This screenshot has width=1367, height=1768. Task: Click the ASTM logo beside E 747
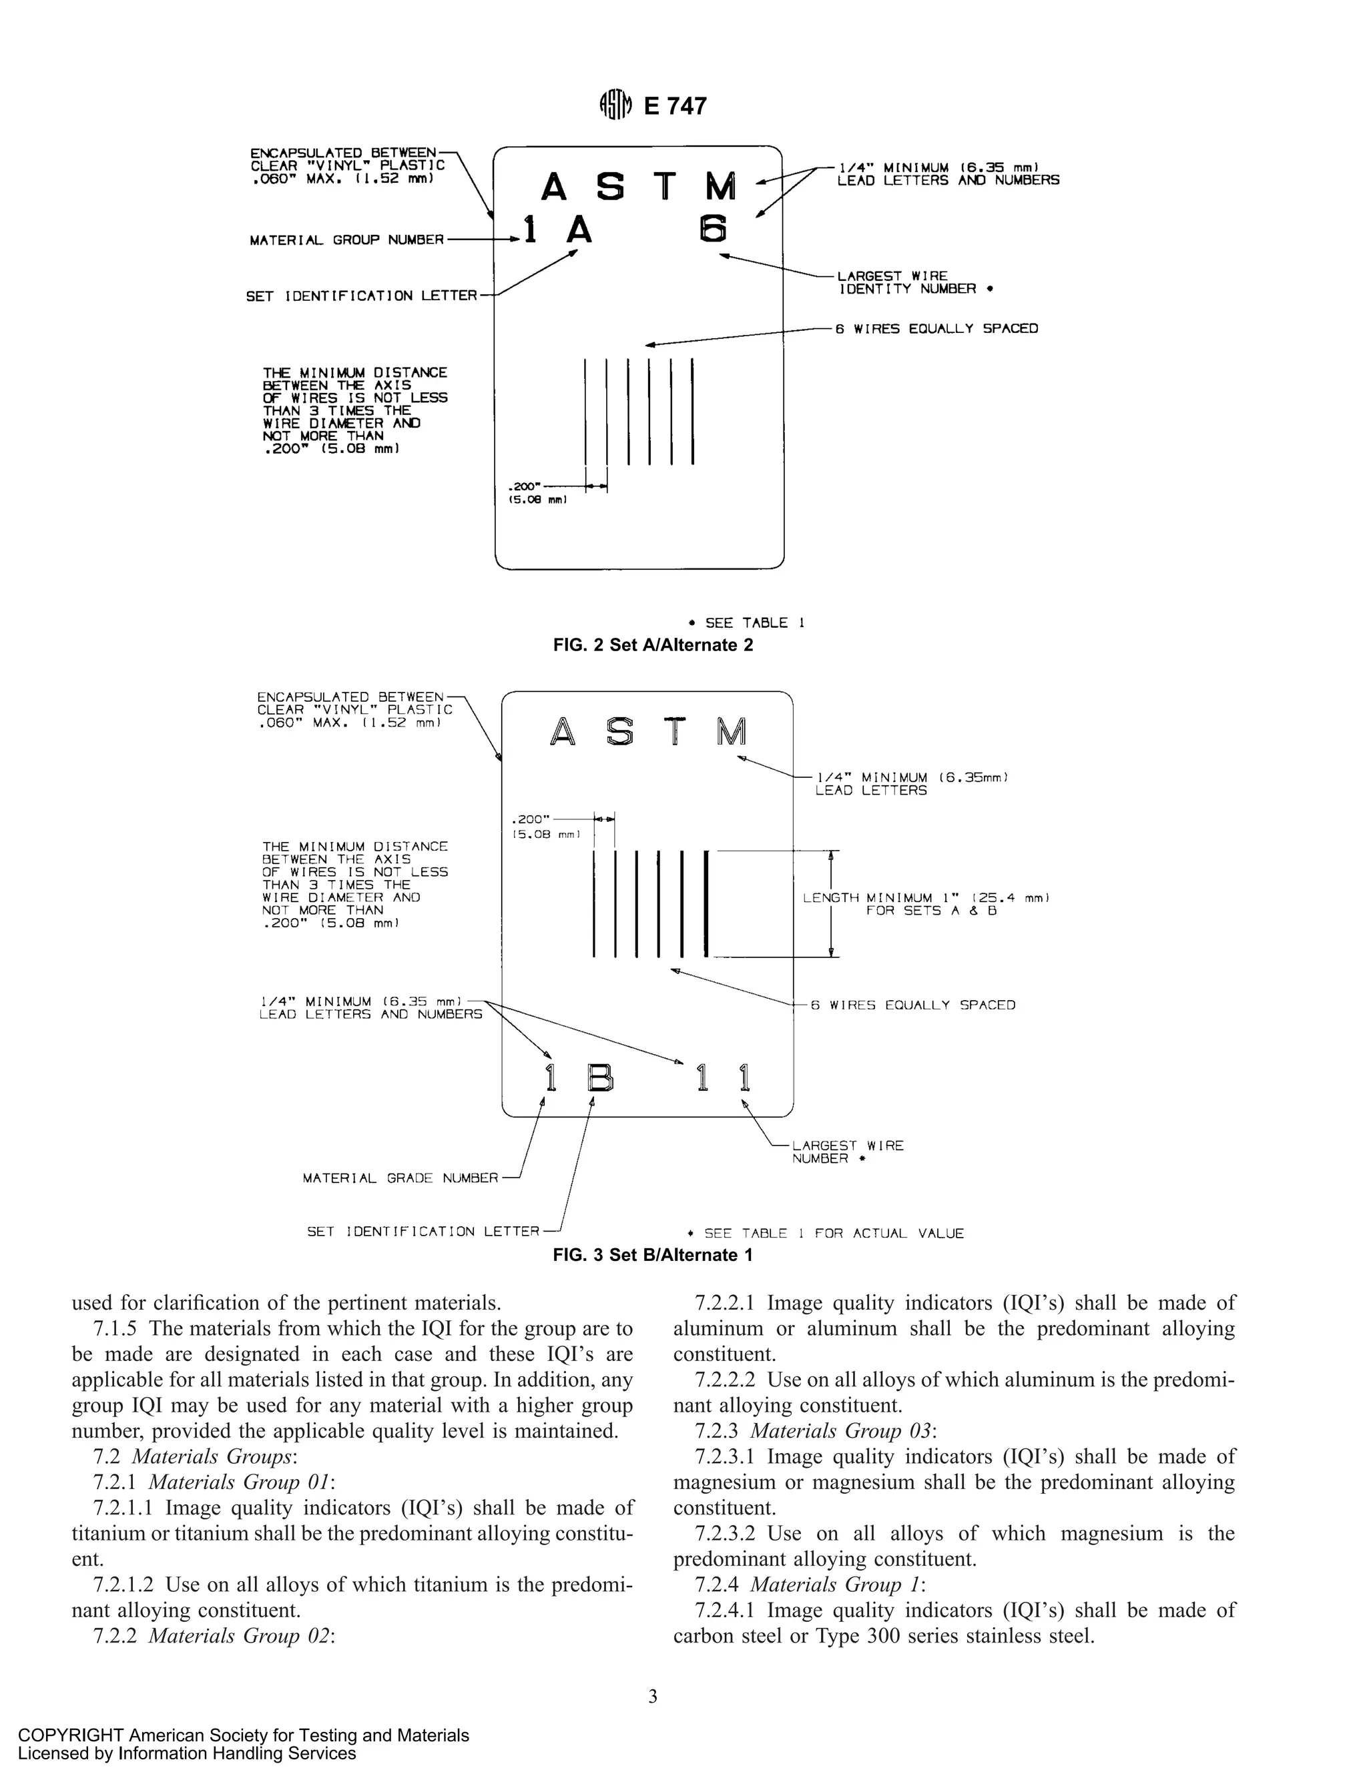(615, 105)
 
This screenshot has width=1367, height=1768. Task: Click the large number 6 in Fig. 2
(713, 229)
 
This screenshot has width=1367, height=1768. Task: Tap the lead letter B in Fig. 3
(600, 1077)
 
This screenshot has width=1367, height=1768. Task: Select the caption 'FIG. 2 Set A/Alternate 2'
(653, 645)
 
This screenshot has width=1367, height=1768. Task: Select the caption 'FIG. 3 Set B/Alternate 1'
(653, 1255)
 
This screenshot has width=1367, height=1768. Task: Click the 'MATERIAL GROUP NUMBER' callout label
(346, 240)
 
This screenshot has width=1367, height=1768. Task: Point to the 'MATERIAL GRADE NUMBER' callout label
(400, 1178)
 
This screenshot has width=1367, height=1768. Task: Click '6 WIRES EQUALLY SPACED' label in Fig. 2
(936, 329)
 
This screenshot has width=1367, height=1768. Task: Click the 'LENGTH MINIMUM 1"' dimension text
(926, 898)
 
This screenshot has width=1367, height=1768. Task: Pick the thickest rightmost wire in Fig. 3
(707, 903)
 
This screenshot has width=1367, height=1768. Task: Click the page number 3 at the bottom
(653, 1697)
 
